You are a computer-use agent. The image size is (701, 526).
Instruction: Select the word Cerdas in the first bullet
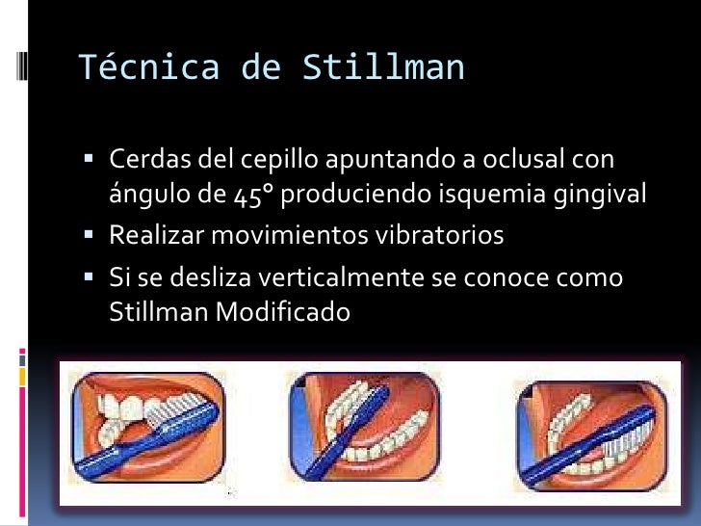tap(142, 158)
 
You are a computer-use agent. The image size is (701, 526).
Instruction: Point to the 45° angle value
tap(254, 196)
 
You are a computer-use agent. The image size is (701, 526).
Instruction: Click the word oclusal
tap(530, 158)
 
